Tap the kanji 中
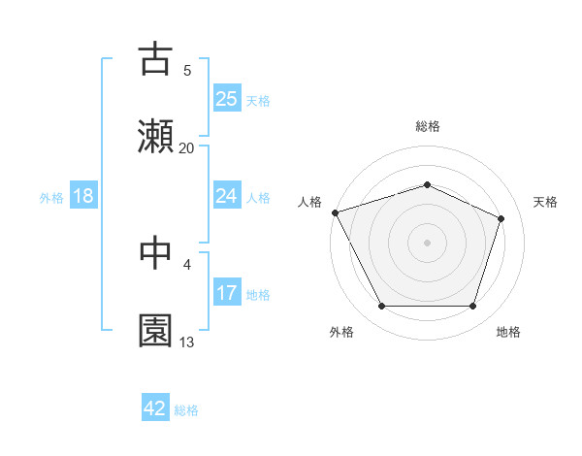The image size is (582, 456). tap(156, 252)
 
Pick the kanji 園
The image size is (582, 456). tap(156, 331)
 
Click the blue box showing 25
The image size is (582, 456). tap(227, 98)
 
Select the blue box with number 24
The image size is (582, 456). tap(227, 196)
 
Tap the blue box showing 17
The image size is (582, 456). tap(227, 293)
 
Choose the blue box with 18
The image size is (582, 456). tap(83, 196)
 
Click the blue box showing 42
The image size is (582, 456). tap(155, 408)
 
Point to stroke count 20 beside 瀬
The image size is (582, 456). tap(187, 148)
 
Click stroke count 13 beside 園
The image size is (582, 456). tap(187, 342)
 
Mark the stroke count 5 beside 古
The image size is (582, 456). tap(187, 70)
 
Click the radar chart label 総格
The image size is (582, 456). tap(428, 126)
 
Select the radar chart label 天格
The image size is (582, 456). tap(546, 202)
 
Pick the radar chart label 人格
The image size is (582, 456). tap(309, 202)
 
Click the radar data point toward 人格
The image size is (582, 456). tap(336, 212)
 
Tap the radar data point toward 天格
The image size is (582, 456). tap(501, 218)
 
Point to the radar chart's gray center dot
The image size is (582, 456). tap(428, 243)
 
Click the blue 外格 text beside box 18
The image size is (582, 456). tap(51, 197)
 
